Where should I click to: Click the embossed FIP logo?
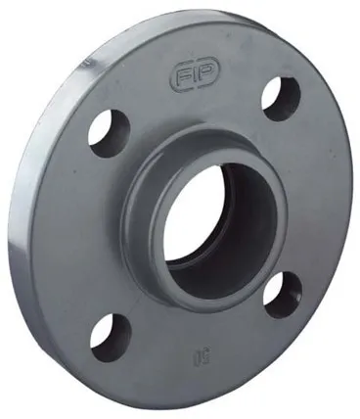[192, 75]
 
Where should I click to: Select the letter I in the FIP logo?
[193, 75]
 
